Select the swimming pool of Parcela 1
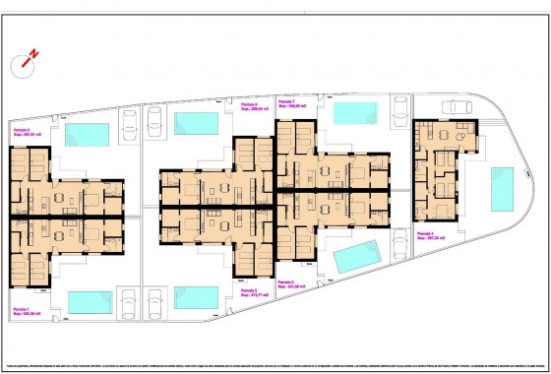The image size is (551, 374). tap(90, 301)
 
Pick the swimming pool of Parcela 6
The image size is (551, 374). tap(197, 123)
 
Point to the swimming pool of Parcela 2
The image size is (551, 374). tap(197, 295)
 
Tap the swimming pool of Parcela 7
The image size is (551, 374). tap(356, 112)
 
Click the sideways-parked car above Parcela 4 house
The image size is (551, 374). tap(456, 108)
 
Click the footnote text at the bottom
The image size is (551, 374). tap(275, 350)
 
